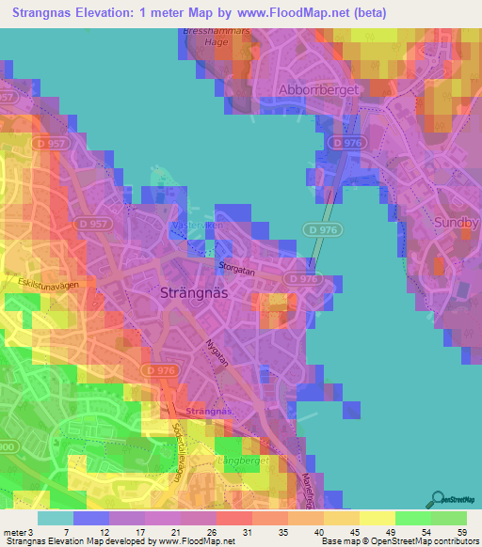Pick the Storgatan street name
pyautogui.click(x=236, y=268)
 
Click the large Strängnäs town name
pyautogui.click(x=195, y=292)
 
